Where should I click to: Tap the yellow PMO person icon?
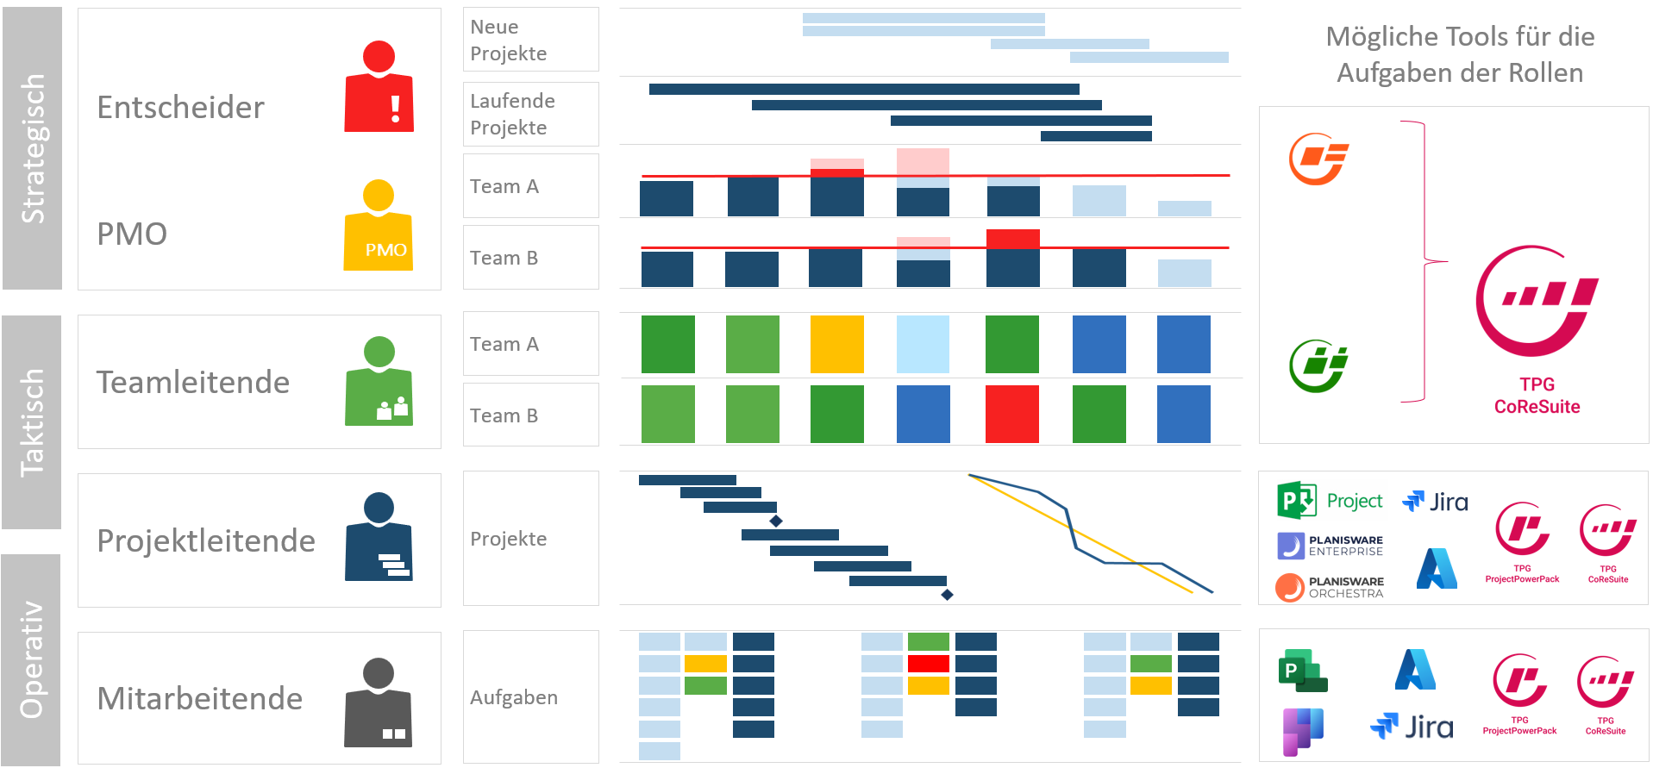click(x=379, y=226)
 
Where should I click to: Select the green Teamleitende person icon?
click(x=379, y=381)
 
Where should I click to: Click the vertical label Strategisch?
click(x=33, y=148)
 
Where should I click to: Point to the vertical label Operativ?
click(x=31, y=659)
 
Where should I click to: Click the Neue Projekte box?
click(x=530, y=40)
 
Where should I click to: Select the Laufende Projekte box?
click(x=530, y=114)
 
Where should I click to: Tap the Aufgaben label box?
click(x=530, y=696)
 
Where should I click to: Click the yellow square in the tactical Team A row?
click(x=836, y=344)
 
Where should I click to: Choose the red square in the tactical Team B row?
click(x=1011, y=414)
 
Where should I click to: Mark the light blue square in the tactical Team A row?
click(x=923, y=344)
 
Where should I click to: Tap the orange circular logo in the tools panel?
click(x=1318, y=159)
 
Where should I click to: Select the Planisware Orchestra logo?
click(x=1330, y=587)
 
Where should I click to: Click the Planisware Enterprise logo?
click(x=1330, y=546)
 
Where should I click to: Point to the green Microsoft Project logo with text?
click(x=1329, y=501)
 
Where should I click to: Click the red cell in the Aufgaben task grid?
click(x=928, y=663)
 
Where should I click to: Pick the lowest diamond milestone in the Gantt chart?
click(x=947, y=595)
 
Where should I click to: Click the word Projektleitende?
click(x=206, y=540)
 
